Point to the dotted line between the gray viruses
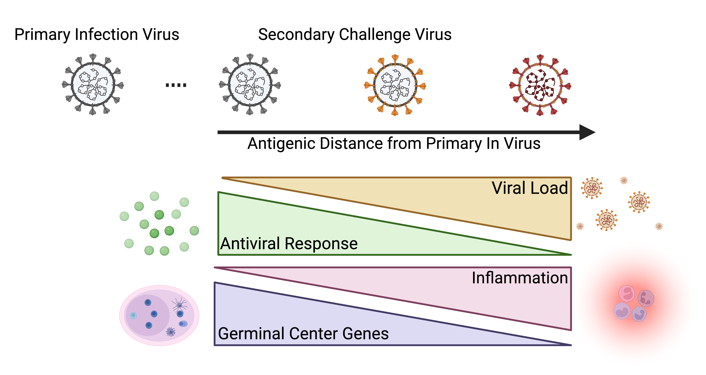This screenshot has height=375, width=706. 176,85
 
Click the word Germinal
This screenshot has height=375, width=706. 251,334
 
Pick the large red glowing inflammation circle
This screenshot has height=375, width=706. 634,303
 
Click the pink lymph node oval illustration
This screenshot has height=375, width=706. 159,315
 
